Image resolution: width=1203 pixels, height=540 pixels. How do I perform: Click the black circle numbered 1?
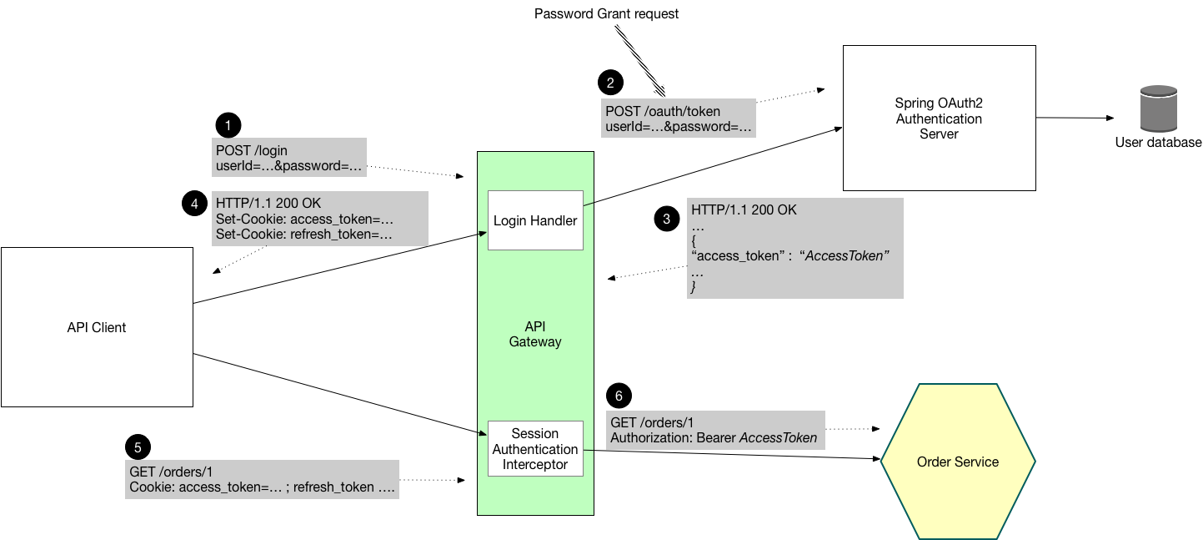tap(228, 125)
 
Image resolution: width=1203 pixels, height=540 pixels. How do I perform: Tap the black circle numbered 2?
tap(610, 82)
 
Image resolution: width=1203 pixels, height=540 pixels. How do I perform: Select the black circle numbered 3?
tap(666, 220)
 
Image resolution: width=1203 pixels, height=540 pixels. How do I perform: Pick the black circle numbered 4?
tap(194, 203)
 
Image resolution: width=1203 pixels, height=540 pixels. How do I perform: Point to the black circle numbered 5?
tap(138, 447)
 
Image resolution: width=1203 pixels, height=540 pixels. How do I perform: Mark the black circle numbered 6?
tap(619, 396)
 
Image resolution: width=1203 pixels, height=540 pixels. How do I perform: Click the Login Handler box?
tap(535, 220)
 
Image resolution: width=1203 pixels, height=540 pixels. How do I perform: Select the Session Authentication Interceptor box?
tap(535, 449)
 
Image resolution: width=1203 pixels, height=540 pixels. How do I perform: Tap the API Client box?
tap(97, 327)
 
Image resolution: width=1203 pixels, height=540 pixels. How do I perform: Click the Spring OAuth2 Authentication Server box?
tap(939, 119)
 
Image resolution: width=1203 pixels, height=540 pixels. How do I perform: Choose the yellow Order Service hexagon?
tap(958, 462)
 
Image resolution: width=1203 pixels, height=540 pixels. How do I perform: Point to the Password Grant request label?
tap(606, 13)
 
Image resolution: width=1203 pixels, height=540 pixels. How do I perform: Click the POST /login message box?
tap(289, 158)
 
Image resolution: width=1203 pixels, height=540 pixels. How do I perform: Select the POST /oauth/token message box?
tap(679, 119)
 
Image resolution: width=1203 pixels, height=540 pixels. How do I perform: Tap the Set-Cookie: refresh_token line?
tap(304, 235)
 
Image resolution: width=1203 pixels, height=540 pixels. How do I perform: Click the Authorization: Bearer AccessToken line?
tap(714, 438)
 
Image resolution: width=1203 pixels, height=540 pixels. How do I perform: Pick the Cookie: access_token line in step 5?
tap(262, 487)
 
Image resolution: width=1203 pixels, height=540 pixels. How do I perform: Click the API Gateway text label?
tap(535, 334)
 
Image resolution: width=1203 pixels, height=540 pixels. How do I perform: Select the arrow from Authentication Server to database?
tap(1075, 118)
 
